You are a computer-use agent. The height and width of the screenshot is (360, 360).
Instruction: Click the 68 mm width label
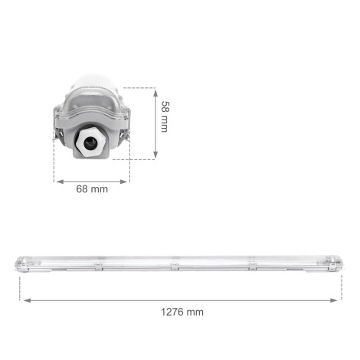93,190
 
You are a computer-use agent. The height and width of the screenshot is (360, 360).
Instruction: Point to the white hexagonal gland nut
93,140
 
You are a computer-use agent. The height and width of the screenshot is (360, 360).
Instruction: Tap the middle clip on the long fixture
175,266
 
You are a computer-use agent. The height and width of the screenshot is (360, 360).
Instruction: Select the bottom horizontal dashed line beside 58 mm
142,159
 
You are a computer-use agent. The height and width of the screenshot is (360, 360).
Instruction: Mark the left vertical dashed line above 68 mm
54,165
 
